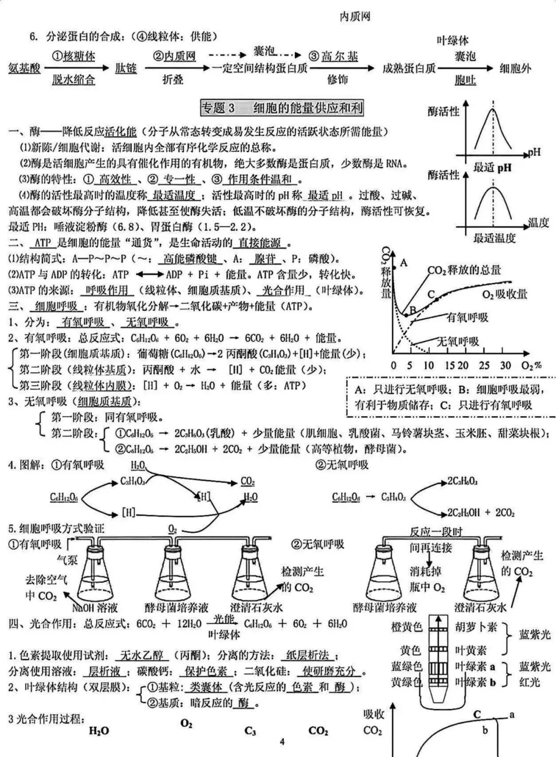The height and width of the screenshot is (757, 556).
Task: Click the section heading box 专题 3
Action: pos(282,107)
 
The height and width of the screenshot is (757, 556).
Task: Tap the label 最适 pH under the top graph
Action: pos(492,167)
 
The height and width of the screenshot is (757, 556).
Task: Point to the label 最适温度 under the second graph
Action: pos(494,238)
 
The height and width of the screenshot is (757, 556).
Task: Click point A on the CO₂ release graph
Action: pos(404,263)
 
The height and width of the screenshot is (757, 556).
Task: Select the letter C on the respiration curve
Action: pos(431,294)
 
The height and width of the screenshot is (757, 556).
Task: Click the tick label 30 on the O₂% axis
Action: pos(505,366)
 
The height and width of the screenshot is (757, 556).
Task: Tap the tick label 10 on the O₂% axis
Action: pos(428,366)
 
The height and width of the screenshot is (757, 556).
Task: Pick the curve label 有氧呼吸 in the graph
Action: pos(467,317)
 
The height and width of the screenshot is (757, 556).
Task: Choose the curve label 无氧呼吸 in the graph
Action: pos(458,341)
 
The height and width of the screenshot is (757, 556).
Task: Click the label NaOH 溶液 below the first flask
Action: pos(95,608)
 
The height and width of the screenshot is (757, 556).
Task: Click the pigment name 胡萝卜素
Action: pos(476,627)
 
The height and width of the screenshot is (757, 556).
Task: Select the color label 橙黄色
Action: pos(406,627)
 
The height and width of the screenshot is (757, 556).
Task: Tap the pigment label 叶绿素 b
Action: pos(475,682)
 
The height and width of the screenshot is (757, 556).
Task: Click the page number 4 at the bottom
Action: pos(282,741)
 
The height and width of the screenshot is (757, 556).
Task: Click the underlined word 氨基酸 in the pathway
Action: pos(24,68)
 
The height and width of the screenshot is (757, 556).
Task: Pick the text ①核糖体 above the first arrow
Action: pos(74,56)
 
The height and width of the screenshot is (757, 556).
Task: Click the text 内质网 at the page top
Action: pos(355,16)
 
